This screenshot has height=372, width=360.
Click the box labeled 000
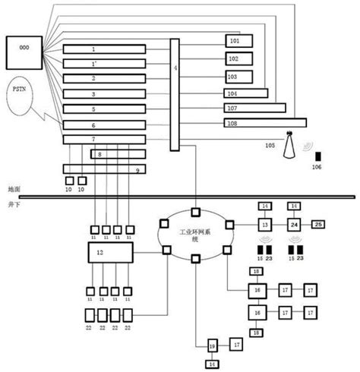[x=24, y=52]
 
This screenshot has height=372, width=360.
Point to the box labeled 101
[x=238, y=41]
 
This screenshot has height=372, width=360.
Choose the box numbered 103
[x=238, y=77]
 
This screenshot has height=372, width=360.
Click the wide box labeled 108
[x=265, y=122]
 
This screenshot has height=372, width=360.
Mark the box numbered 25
[x=319, y=224]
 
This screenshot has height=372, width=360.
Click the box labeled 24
[x=293, y=225]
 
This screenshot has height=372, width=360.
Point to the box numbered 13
[x=265, y=225]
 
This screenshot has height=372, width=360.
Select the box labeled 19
[x=212, y=345]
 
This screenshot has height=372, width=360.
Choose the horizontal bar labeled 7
[x=104, y=139]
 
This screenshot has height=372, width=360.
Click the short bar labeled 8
[x=118, y=154]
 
